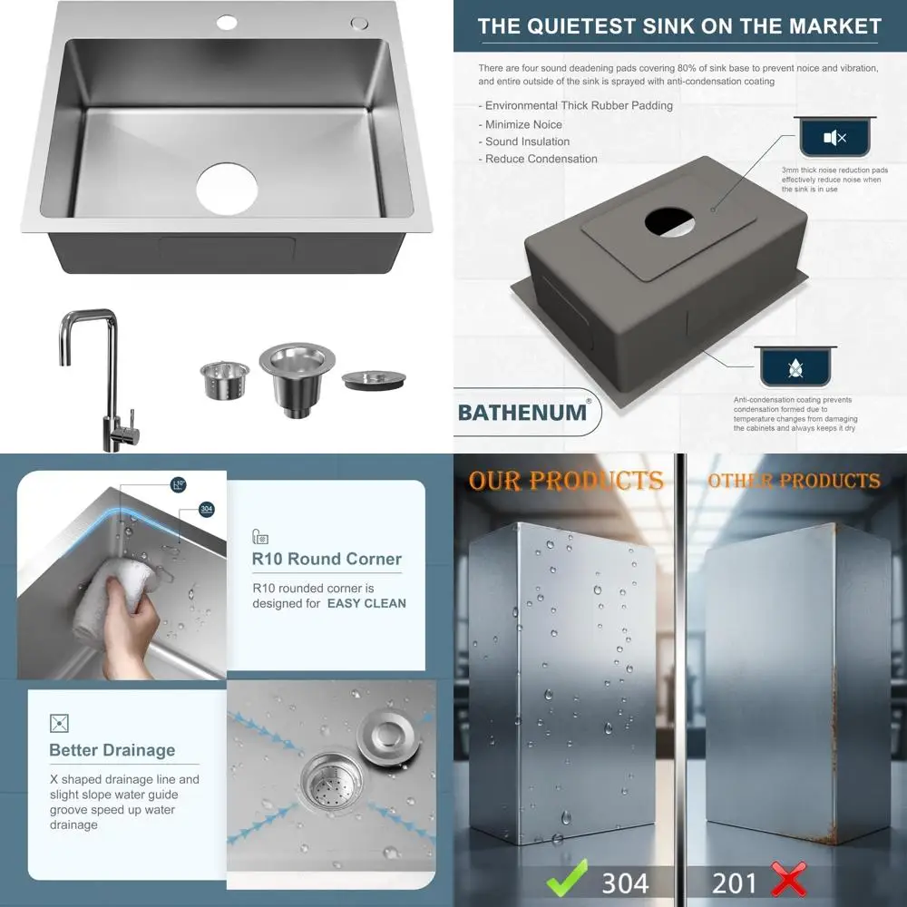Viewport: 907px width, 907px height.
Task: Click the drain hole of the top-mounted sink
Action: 228,189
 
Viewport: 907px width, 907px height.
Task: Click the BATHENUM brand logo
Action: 522,412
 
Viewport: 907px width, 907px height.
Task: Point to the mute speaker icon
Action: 834,138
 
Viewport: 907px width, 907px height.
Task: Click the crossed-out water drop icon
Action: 795,368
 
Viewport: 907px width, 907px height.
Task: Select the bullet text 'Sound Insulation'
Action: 528,141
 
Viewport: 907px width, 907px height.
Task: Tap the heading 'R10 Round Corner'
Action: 327,559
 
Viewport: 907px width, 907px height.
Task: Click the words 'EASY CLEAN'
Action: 366,603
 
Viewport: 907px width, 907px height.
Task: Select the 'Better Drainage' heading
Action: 112,750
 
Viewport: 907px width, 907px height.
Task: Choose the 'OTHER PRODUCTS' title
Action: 794,480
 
